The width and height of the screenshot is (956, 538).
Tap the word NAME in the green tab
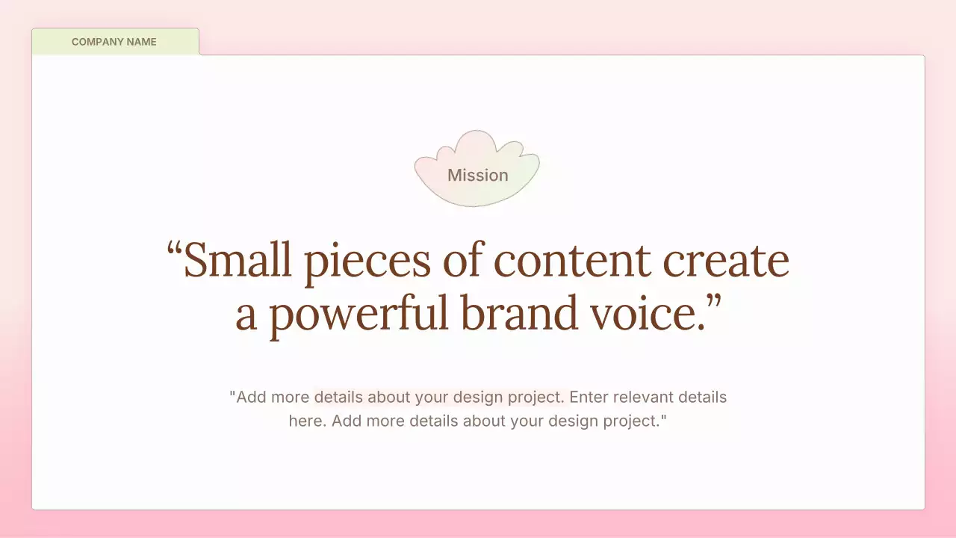pos(141,42)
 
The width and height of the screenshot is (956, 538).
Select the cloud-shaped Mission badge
pos(477,170)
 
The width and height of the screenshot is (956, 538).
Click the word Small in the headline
pos(238,260)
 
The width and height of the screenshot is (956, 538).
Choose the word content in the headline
pos(573,260)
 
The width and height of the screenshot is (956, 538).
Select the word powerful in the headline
pos(358,314)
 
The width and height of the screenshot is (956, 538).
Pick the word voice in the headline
pos(642,314)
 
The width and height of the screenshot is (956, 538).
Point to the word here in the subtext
pos(305,421)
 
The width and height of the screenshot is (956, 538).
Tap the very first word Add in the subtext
pos(251,397)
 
